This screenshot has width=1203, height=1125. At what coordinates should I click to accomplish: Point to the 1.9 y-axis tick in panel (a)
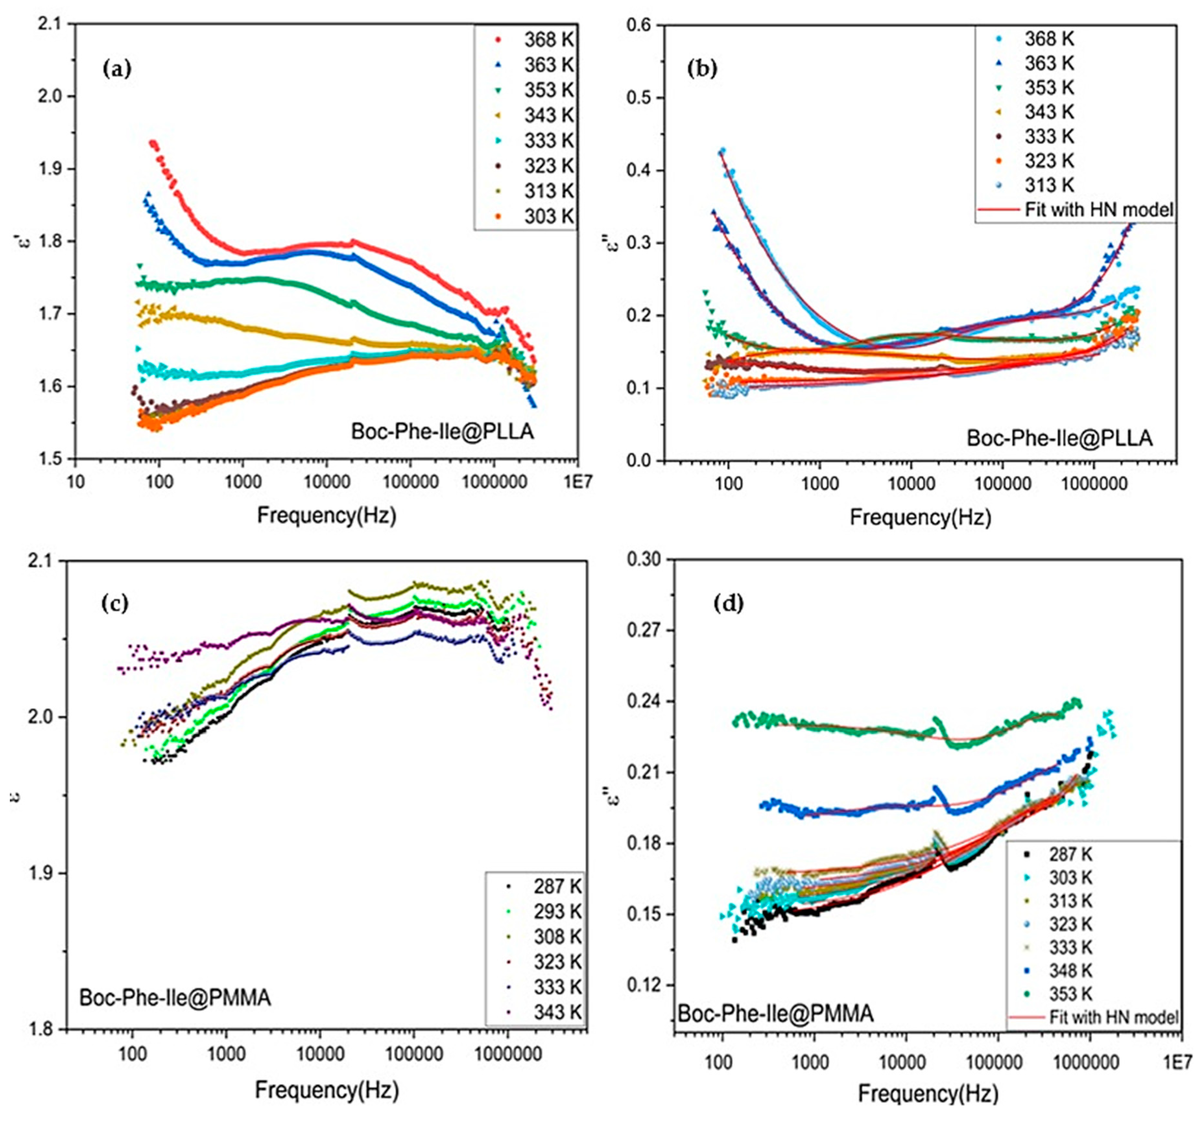click(52, 169)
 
